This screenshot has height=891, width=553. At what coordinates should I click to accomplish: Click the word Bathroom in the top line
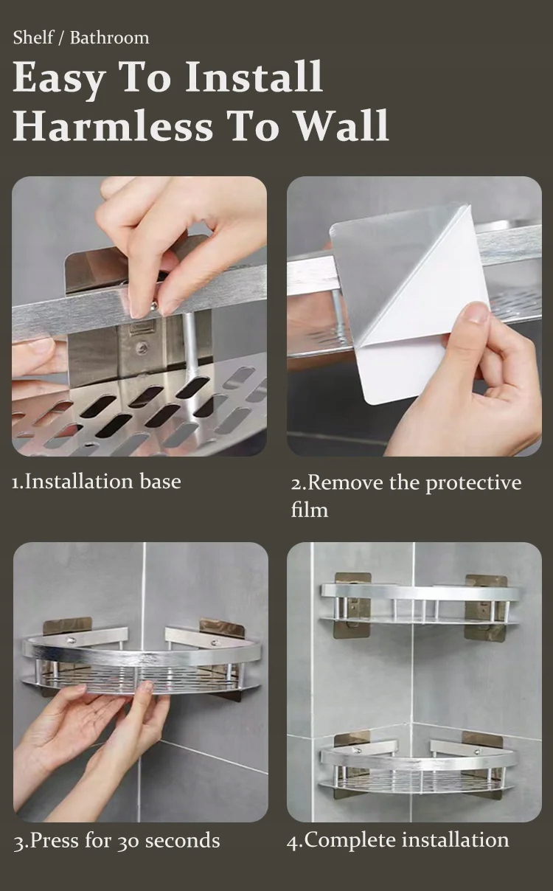[110, 38]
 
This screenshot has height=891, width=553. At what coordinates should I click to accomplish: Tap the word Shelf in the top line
[33, 38]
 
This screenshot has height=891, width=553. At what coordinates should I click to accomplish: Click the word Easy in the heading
[59, 78]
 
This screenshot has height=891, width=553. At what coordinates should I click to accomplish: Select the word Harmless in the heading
[113, 125]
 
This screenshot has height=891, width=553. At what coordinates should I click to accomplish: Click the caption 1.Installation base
[97, 482]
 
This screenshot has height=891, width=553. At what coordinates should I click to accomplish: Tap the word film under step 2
[309, 510]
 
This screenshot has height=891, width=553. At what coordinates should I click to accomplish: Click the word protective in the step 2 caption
[473, 484]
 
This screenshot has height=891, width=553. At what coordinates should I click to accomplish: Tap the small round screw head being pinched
[154, 306]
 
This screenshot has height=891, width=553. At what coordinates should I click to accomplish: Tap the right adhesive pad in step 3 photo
[221, 628]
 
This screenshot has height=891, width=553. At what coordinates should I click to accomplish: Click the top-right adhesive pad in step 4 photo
[486, 607]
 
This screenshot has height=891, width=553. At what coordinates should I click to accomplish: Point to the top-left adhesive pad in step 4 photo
[353, 605]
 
